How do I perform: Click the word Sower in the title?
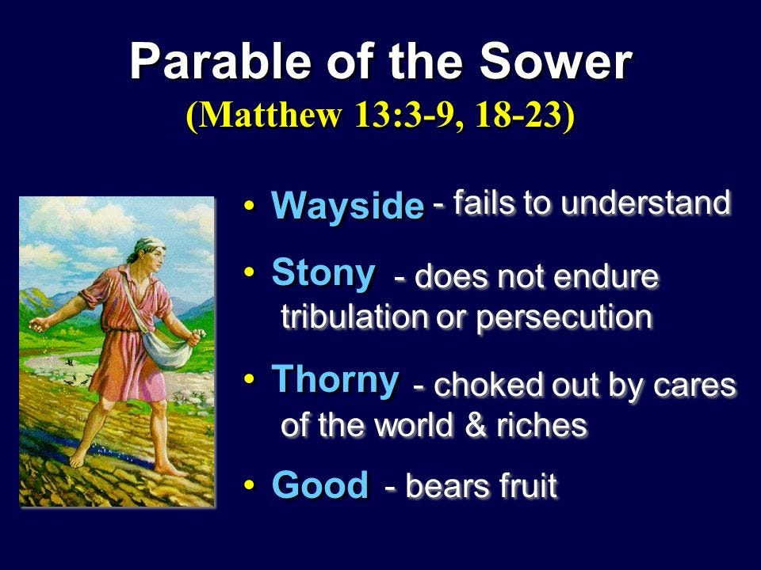click(x=556, y=63)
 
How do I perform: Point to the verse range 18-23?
click(x=518, y=116)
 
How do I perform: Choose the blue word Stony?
click(x=323, y=274)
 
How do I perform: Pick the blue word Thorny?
click(x=335, y=381)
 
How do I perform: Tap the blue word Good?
click(x=320, y=484)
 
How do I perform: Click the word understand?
click(x=646, y=203)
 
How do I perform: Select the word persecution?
click(x=564, y=318)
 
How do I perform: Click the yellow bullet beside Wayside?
click(x=249, y=205)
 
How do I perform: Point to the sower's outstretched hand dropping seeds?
click(x=39, y=324)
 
